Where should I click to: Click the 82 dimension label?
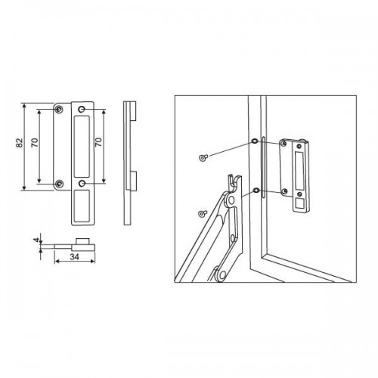tap(20, 143)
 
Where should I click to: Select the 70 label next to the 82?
tap(35, 143)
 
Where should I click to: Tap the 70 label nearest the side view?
tap(98, 143)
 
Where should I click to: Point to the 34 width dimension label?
tap(74, 257)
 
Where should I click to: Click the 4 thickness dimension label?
tap(37, 240)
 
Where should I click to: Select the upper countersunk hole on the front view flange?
tap(59, 110)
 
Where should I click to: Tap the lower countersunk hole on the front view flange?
tap(59, 184)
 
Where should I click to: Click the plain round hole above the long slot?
tap(82, 110)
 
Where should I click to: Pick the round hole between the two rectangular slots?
tap(82, 183)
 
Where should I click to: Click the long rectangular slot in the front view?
tap(82, 147)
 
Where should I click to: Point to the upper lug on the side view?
tap(133, 111)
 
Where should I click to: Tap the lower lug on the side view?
tap(133, 181)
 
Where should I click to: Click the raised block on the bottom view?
tap(82, 240)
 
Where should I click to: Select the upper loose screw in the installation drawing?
tap(203, 157)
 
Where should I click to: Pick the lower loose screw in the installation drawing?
tap(203, 213)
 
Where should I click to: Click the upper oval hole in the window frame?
tap(255, 141)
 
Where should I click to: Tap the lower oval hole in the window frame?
tap(256, 191)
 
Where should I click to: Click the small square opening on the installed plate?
tap(299, 203)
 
